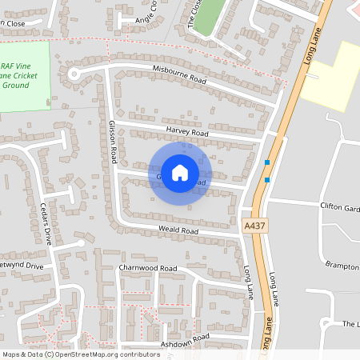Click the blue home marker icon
(180, 171)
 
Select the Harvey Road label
(187, 131)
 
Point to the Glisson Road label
(114, 139)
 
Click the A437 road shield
(253, 227)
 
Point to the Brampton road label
(342, 263)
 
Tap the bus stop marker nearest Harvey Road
(267, 162)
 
